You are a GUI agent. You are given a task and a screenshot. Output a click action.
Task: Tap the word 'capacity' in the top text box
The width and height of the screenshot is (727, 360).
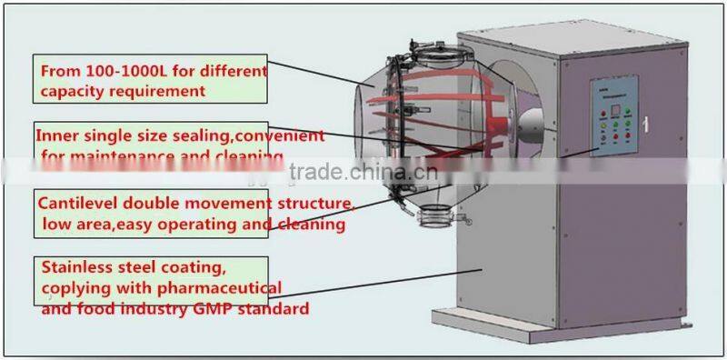(68, 91)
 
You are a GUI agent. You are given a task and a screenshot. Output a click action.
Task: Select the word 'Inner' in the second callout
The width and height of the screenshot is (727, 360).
(55, 135)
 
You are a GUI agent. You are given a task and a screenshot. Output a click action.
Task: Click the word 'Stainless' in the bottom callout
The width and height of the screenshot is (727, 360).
(79, 267)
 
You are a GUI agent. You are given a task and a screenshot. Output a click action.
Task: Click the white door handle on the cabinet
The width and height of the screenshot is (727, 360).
(646, 122)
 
